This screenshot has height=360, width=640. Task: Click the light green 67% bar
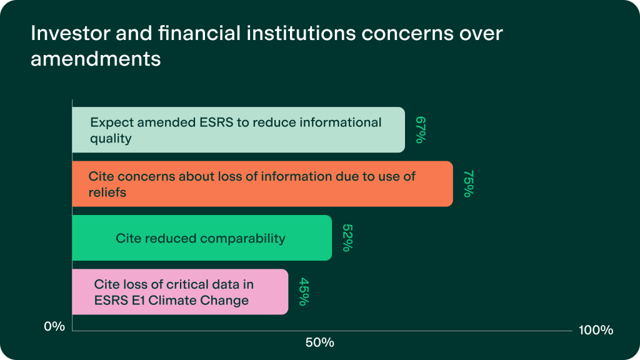coord(238,130)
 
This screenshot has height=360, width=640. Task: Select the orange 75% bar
coord(262,184)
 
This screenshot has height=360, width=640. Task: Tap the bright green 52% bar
coord(202,237)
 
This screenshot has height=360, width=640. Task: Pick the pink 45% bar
coord(180,292)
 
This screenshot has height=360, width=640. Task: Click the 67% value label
coord(421,130)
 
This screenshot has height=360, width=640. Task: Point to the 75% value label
coord(468,184)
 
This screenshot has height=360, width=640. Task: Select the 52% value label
coord(347,237)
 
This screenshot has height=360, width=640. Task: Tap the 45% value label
coord(304,292)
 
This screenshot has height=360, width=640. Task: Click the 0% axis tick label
coord(55,326)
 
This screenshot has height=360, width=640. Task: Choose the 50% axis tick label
coord(320,343)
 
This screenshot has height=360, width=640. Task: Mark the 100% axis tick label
coord(596,330)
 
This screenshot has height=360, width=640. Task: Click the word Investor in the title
coord(70,33)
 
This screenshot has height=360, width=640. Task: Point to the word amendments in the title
coord(96,59)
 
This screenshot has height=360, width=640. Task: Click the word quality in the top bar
coord(111,139)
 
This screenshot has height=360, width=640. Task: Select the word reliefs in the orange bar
coord(107,192)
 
